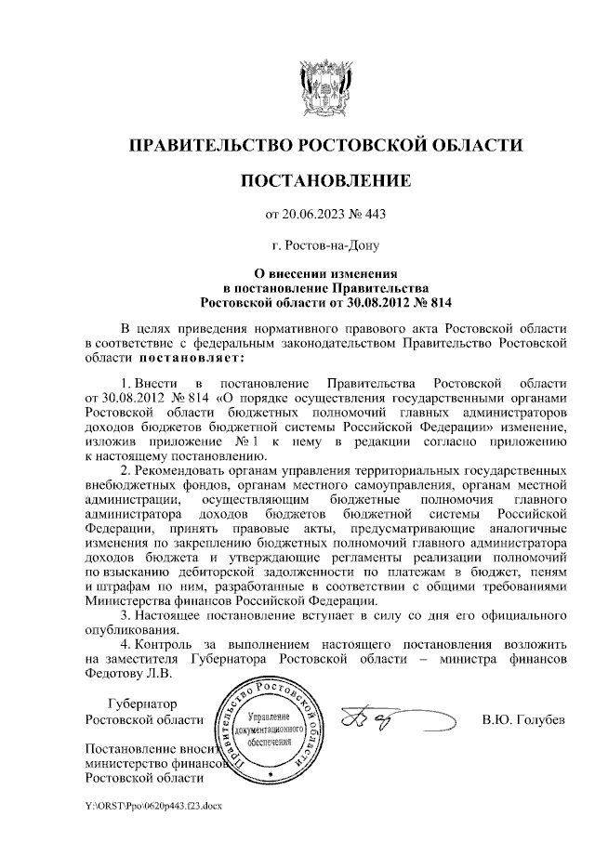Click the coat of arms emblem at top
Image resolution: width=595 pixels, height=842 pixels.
click(324, 86)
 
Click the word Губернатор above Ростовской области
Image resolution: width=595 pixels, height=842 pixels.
click(141, 704)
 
